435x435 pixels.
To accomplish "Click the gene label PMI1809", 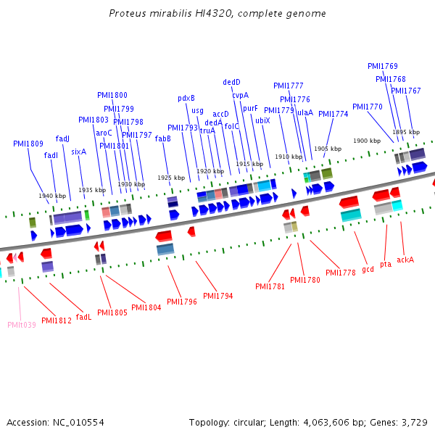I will coord(28,144).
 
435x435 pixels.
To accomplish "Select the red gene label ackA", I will coord(405,259).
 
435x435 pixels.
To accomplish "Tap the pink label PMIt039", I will coord(22,325).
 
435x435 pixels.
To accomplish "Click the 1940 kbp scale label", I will coord(52,196).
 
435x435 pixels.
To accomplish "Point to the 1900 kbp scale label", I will coord(367,141).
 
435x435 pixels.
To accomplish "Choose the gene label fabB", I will coord(163,138).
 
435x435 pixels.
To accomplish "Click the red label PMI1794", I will coord(218,295).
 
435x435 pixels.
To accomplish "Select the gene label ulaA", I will coord(305,112).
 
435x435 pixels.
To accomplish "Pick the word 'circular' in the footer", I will coord(252,422).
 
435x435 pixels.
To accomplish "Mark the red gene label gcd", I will coord(368,269).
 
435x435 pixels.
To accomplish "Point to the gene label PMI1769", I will coord(383,67).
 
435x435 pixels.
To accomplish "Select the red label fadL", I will coord(84,317).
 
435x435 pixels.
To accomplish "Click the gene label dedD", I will coord(231,82).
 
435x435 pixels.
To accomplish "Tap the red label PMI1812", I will coord(57,320).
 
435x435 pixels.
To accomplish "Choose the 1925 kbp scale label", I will coord(171,178).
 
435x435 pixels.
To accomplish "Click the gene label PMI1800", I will coord(112,95).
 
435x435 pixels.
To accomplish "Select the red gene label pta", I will coord(386,264).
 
